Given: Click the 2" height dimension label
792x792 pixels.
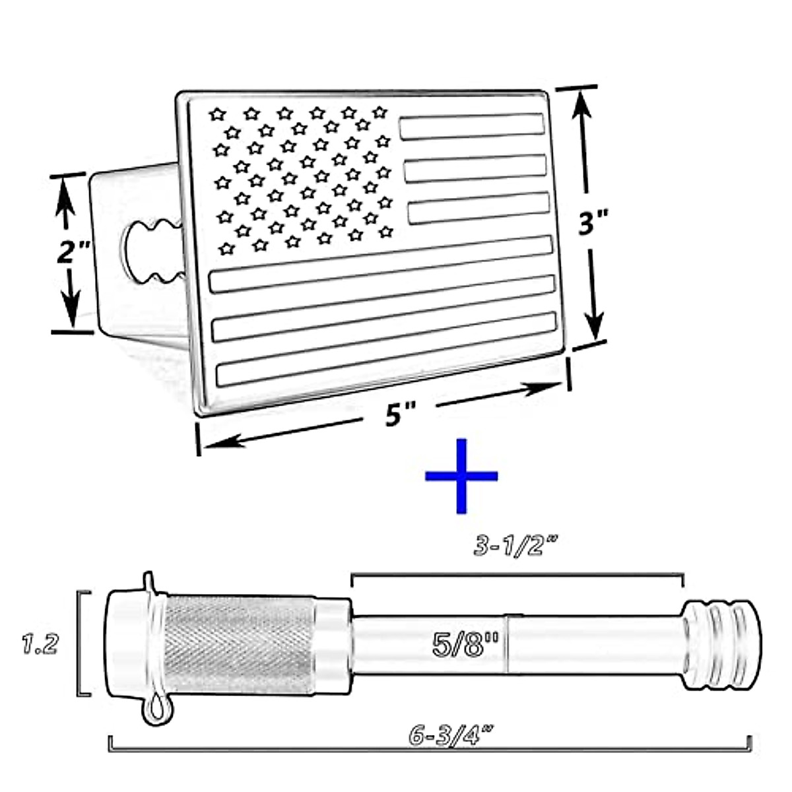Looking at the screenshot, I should (71, 252).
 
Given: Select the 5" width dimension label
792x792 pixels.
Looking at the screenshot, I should (394, 416).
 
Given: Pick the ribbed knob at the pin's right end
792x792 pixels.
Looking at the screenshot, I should (723, 645).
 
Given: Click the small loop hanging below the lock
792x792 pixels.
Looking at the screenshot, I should (156, 709).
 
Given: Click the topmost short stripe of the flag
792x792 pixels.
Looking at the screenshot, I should (471, 126).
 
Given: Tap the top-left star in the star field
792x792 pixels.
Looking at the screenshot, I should (217, 115).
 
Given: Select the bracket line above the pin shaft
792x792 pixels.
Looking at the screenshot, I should (516, 576).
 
